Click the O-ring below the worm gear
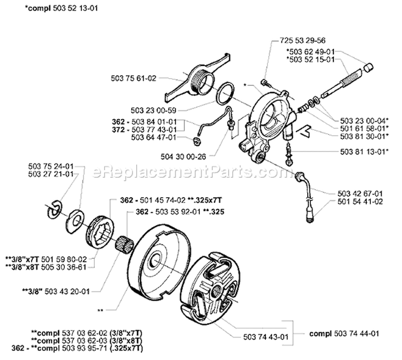point(226,93)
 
